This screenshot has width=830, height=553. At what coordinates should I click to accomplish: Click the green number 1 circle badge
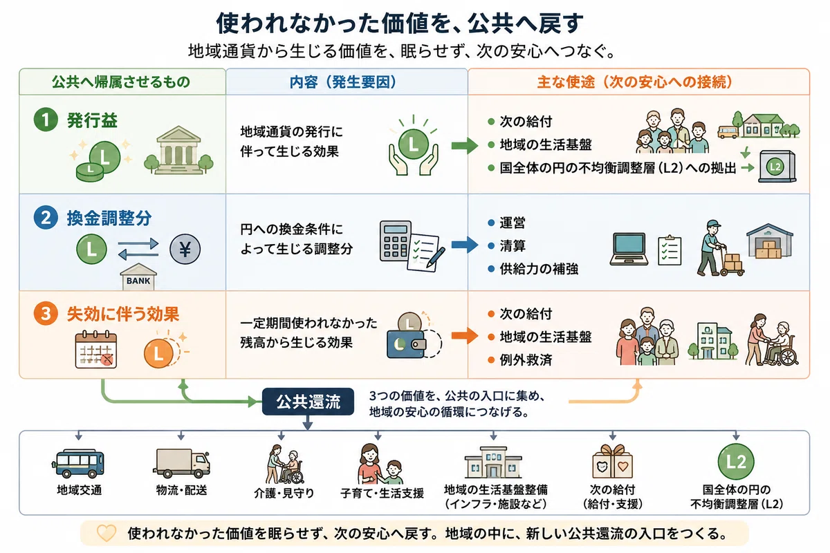coord(46,120)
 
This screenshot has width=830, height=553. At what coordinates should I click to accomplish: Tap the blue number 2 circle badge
coord(46,218)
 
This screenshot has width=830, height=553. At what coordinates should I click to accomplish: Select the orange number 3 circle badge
coord(46,313)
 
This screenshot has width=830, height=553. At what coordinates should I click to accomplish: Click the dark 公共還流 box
coord(308,402)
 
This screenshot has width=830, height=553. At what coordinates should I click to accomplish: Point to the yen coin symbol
coord(185,249)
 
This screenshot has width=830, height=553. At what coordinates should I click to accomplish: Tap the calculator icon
coord(396,240)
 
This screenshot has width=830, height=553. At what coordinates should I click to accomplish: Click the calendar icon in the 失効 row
coord(96,350)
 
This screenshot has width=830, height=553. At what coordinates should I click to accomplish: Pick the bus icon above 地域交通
coord(78,463)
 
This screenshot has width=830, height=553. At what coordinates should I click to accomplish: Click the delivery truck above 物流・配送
coord(181,463)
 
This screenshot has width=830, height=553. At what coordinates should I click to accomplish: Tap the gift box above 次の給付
coord(613,462)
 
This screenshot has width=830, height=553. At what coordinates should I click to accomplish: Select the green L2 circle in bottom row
coord(736,462)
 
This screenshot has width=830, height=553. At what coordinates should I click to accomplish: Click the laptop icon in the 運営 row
coord(629,249)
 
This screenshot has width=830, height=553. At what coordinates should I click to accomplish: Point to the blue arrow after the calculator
coord(465,245)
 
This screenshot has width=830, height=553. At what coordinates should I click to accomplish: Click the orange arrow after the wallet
coord(465,335)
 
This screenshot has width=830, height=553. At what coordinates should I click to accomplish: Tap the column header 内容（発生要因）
coord(343,82)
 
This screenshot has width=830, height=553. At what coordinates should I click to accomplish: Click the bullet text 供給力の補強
coord(539,269)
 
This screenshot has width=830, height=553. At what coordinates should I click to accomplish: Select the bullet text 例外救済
coord(526,359)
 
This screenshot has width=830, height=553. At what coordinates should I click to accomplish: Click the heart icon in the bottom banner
coord(107,534)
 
